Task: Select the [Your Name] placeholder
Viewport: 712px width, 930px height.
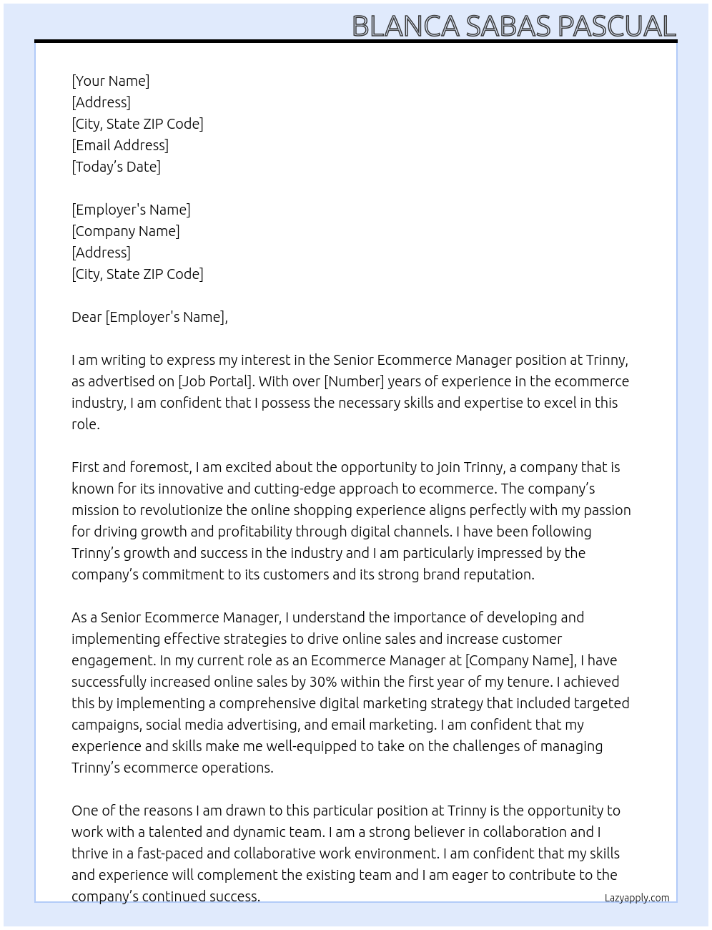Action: click(x=111, y=81)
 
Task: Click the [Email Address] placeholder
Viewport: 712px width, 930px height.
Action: click(x=120, y=145)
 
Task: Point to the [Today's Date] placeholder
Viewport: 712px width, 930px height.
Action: click(x=116, y=167)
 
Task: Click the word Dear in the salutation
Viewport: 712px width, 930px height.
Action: click(x=86, y=317)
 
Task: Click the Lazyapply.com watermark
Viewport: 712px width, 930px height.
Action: click(x=636, y=898)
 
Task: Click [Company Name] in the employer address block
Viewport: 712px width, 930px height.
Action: click(x=126, y=231)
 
